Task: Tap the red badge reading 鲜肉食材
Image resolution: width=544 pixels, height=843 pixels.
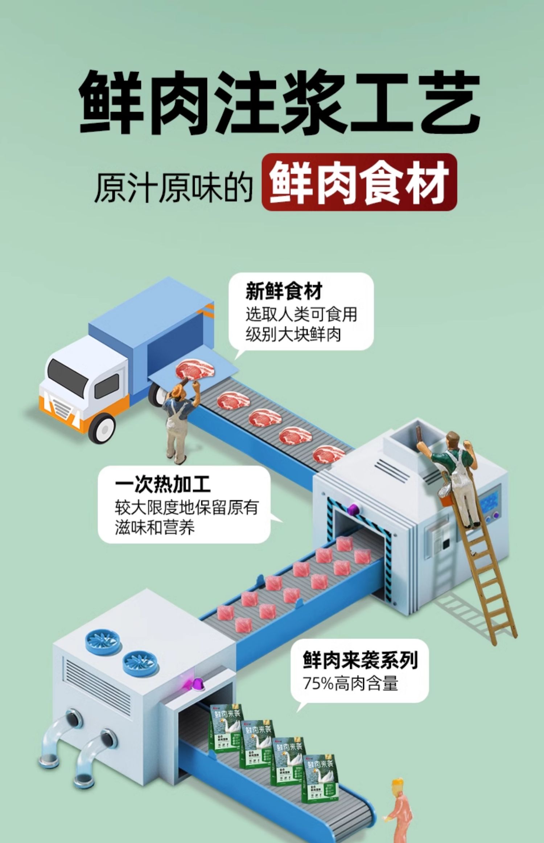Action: [x=359, y=182]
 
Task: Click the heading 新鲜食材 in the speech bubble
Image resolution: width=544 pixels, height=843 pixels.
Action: [x=284, y=291]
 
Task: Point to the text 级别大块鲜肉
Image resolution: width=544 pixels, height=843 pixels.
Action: [x=293, y=334]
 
